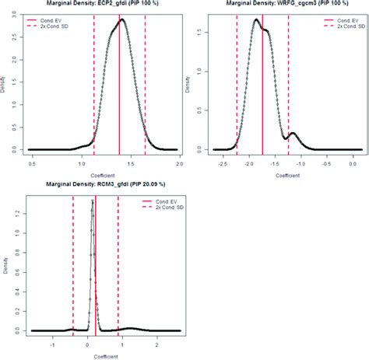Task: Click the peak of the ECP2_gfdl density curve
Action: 121,21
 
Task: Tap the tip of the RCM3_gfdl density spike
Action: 93,201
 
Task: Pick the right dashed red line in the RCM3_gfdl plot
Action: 118,264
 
